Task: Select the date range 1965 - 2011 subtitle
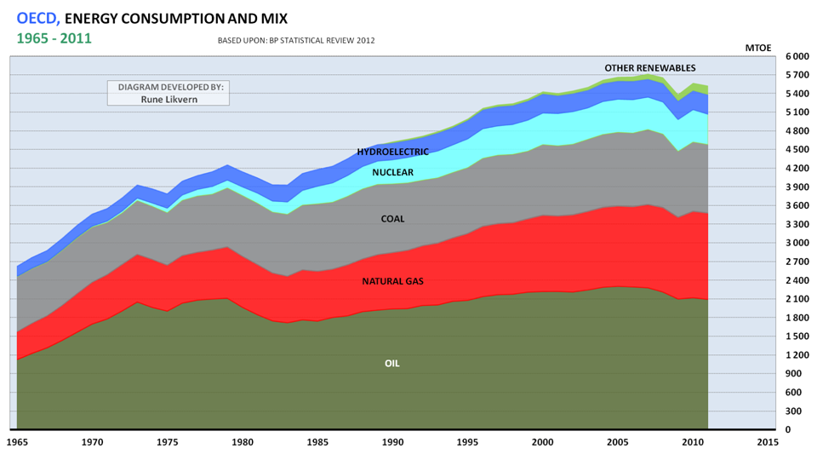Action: (x=54, y=38)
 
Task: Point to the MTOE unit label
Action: (x=758, y=48)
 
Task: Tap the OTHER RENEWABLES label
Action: (x=650, y=68)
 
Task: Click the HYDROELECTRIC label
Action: (x=393, y=152)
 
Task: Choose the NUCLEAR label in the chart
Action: (x=393, y=173)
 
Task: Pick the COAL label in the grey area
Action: (x=392, y=219)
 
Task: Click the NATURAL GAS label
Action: (x=392, y=281)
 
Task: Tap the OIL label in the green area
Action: (x=392, y=364)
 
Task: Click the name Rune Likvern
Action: (x=168, y=99)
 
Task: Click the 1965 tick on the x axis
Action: (x=17, y=442)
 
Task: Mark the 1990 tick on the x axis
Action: (x=392, y=442)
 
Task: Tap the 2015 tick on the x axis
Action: (x=768, y=442)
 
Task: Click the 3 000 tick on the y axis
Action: (x=797, y=243)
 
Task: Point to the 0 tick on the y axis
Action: (x=790, y=429)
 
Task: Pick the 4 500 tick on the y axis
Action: (x=797, y=149)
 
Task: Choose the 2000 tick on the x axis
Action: (x=542, y=442)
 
